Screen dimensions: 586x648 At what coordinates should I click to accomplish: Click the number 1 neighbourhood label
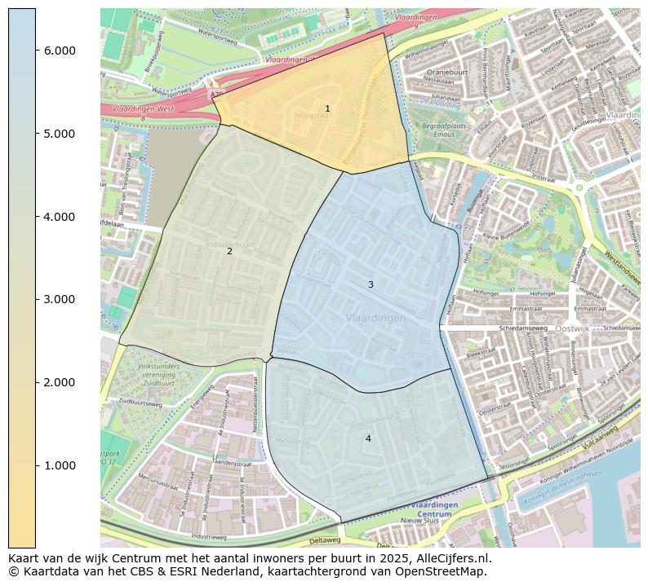[327, 108]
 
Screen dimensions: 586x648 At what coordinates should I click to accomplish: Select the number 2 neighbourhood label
[229, 251]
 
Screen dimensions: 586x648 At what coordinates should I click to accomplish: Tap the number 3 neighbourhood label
[371, 284]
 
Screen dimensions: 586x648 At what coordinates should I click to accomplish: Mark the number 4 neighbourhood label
[368, 438]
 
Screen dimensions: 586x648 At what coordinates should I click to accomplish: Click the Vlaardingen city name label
[375, 318]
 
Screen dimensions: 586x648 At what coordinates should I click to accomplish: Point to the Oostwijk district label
[571, 328]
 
